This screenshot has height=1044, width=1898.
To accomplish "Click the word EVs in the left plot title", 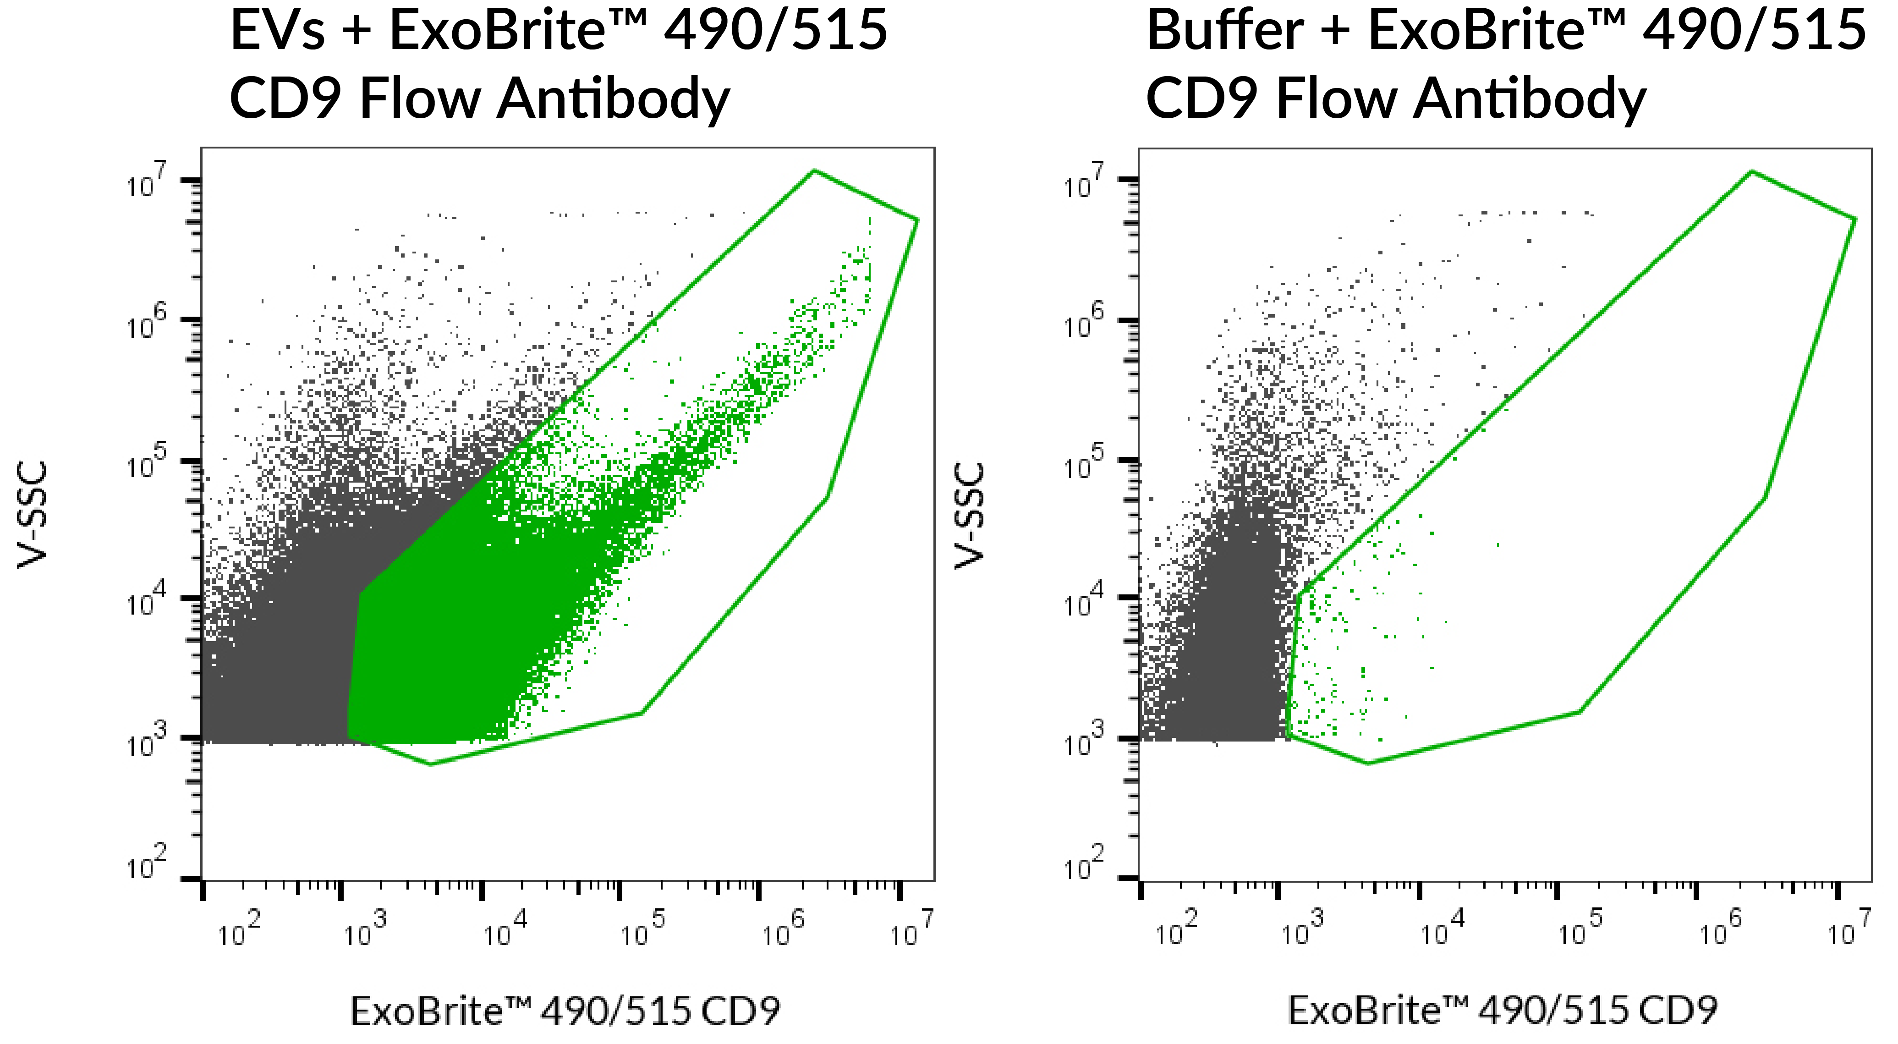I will tap(277, 31).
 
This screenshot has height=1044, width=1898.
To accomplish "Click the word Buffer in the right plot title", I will tap(1224, 31).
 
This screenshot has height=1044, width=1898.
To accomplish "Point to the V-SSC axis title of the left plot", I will tap(33, 514).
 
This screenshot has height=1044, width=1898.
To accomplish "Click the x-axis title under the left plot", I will tap(565, 1011).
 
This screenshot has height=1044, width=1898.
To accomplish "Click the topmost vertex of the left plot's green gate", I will tap(813, 171).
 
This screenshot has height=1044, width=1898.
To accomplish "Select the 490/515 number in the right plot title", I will tap(1754, 31).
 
